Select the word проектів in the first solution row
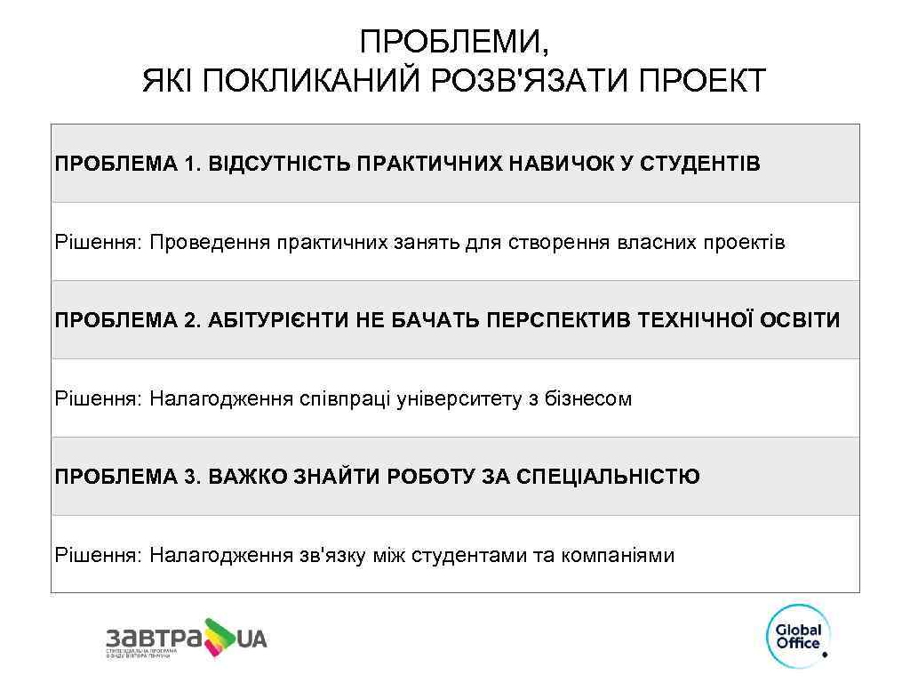(744, 242)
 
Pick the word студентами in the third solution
(467, 556)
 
